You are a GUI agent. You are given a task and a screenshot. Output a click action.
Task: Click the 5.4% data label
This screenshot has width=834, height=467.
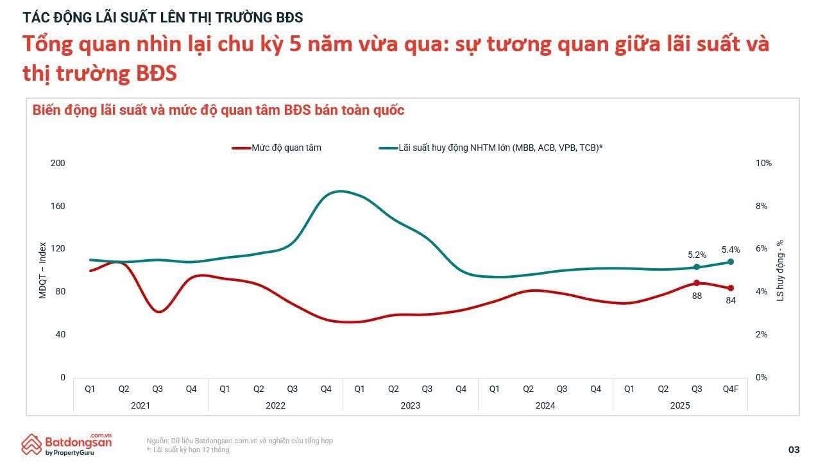click(731, 250)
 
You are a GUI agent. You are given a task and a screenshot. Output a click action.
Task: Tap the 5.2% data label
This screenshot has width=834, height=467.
click(697, 255)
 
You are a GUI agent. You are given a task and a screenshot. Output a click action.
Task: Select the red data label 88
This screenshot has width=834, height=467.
click(697, 296)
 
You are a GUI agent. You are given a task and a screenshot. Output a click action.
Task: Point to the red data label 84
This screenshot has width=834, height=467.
click(730, 300)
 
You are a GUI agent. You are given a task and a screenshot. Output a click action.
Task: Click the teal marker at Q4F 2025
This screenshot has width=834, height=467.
click(730, 262)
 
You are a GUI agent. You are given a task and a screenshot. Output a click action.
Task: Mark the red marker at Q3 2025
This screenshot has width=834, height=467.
click(697, 283)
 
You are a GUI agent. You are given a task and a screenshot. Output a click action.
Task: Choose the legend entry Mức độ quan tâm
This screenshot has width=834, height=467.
click(286, 148)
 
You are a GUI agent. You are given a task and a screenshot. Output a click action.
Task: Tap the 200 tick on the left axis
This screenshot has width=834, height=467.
click(58, 163)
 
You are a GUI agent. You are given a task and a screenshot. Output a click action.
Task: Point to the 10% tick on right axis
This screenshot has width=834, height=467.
click(764, 163)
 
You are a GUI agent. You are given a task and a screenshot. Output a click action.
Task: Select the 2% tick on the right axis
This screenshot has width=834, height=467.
click(762, 334)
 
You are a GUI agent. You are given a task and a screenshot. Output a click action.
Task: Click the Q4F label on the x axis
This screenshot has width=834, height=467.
click(730, 389)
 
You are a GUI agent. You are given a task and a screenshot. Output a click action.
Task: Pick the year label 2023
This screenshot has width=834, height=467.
click(410, 405)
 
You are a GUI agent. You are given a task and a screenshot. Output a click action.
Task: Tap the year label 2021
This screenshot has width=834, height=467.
click(140, 405)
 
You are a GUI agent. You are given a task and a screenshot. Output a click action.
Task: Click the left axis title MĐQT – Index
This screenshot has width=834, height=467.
click(43, 271)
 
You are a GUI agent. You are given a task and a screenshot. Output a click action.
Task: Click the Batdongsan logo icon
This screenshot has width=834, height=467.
click(32, 445)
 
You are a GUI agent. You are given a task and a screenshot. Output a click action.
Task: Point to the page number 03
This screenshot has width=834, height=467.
click(794, 449)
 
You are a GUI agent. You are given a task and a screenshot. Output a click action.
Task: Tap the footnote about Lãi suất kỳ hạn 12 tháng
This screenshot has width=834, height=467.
click(187, 450)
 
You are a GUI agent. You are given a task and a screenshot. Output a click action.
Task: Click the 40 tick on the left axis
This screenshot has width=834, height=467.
click(60, 334)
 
